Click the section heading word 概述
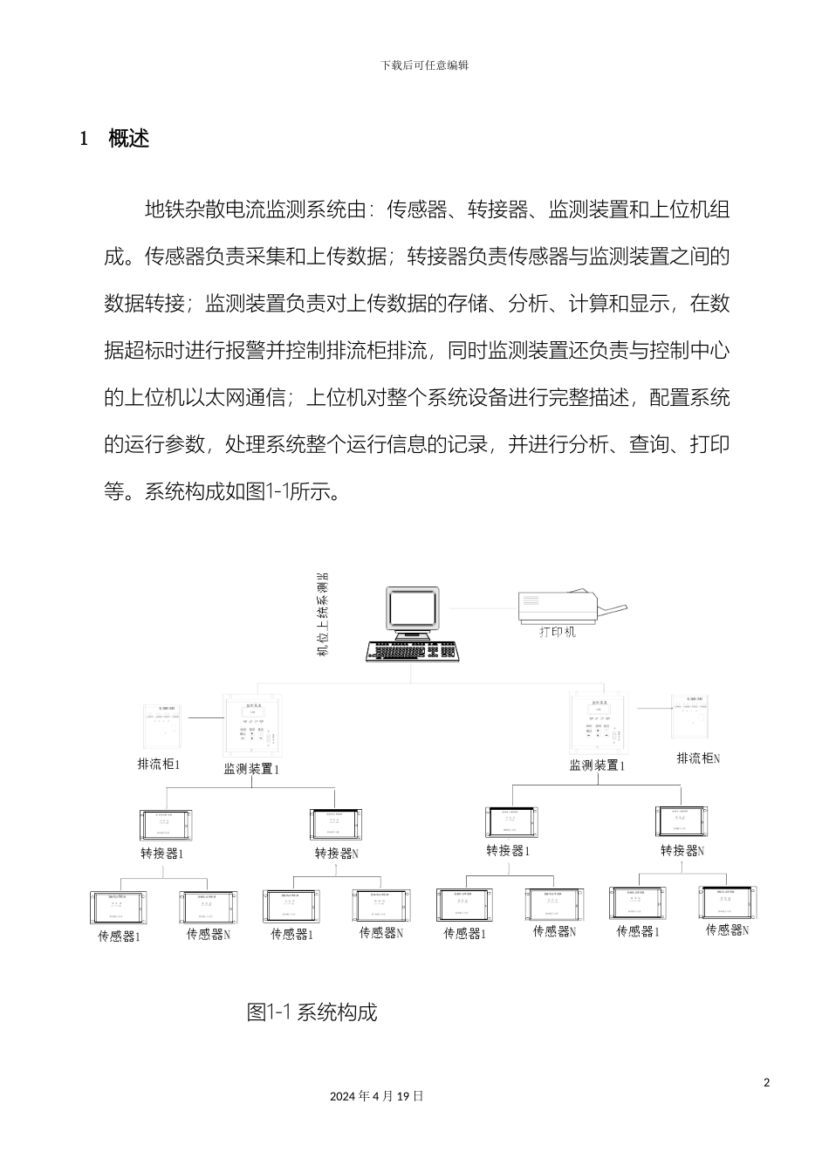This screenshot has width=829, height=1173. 129,138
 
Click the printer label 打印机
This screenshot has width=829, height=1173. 557,632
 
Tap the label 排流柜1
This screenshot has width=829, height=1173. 159,765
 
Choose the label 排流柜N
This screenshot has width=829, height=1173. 698,758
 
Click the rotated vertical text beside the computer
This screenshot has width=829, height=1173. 322,614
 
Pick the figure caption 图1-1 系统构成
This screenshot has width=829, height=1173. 312,1012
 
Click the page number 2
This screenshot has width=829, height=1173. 767,1083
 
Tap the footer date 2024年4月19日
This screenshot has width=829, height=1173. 377,1096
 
